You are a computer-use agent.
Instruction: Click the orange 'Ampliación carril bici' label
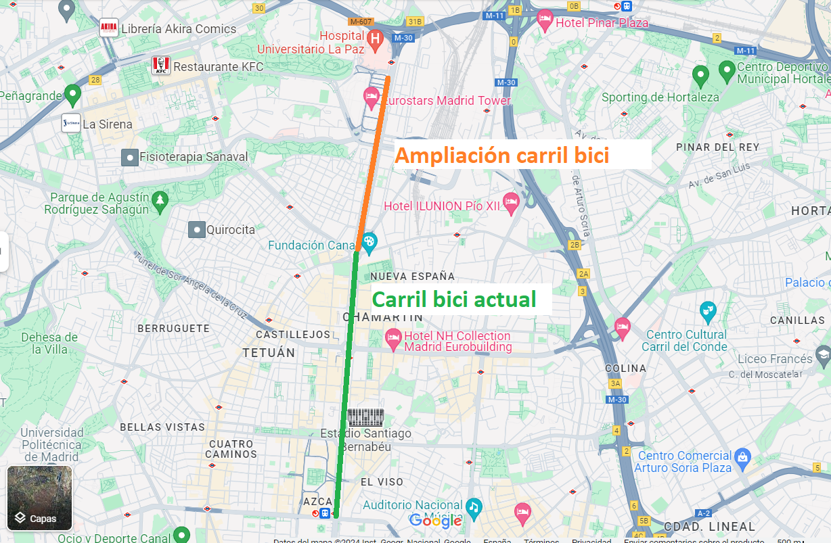tap(502, 156)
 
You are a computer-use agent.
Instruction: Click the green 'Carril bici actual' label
tap(454, 299)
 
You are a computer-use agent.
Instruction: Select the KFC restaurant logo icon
tap(160, 66)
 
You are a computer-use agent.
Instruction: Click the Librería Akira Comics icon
tap(108, 28)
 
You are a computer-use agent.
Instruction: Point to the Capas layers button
tap(39, 498)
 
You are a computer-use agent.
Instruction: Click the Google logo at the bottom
tap(435, 520)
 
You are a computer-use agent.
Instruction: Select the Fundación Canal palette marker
tap(369, 241)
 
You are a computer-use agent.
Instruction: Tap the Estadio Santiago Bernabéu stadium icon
tap(365, 417)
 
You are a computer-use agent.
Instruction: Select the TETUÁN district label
tap(269, 352)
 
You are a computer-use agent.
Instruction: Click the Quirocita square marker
tap(196, 230)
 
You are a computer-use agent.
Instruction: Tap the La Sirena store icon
tap(71, 124)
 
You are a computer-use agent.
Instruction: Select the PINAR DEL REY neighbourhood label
tap(717, 147)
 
